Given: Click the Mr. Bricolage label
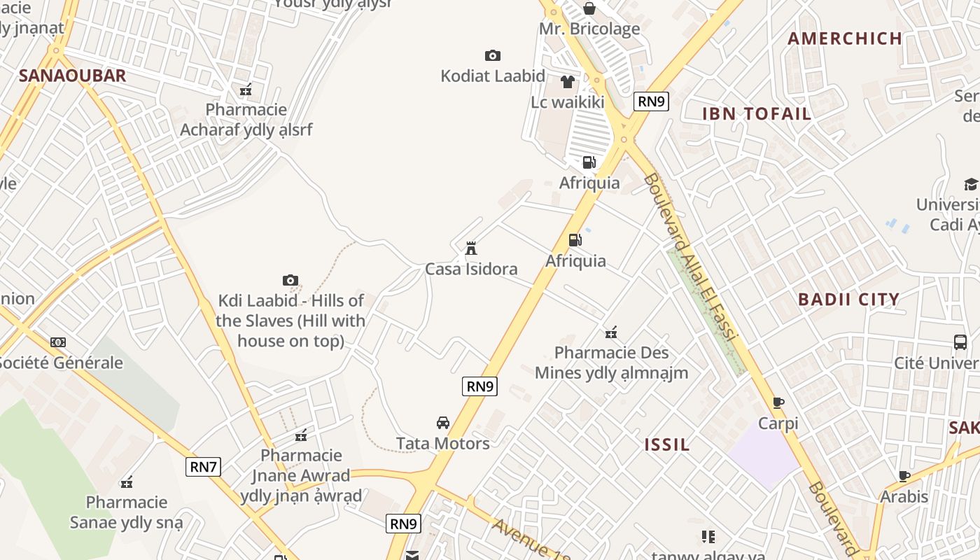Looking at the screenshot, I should (589, 29).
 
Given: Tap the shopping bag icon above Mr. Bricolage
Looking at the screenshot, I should (589, 8).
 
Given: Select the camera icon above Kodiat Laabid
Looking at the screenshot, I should (492, 55).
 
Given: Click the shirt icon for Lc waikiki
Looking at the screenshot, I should (567, 82).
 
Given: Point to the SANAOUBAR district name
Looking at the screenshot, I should (72, 76).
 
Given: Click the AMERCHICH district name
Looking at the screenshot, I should (844, 38).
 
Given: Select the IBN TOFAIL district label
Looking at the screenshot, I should (757, 114).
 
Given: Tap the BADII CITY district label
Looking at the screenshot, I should (848, 300).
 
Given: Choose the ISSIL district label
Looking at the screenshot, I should (667, 444).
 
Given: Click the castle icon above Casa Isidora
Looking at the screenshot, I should (471, 248).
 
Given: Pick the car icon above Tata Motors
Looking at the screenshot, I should (442, 423).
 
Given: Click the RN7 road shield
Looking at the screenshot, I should (203, 466).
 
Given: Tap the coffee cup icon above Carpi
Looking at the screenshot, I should (778, 402).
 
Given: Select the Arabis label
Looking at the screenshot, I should (904, 497).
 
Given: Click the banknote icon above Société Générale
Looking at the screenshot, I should (58, 342).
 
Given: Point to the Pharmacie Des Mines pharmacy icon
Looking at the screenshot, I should (611, 332).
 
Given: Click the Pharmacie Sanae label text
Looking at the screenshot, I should (127, 512).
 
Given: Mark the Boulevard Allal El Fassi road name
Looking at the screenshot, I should (690, 257).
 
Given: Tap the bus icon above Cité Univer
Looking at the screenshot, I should (960, 342).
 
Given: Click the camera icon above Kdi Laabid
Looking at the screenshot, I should (290, 280).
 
